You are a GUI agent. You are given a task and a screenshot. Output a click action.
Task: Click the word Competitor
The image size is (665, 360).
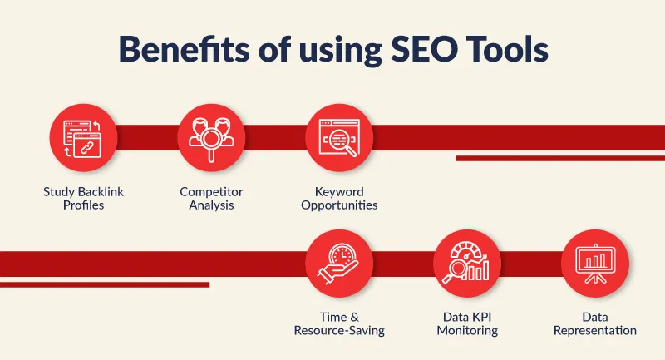[x=211, y=192]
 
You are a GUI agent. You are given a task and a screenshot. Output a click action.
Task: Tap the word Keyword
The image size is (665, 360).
[x=339, y=192]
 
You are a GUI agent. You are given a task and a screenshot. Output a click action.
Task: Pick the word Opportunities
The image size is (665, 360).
[x=339, y=205]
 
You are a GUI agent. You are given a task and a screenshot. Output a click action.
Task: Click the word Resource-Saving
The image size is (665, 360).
[x=339, y=331]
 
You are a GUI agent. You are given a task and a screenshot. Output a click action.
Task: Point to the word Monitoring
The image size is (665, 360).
[x=467, y=331]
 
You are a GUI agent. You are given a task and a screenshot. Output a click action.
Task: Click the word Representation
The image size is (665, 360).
[x=595, y=331]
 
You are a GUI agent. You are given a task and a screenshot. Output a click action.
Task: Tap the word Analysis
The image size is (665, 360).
[x=211, y=205]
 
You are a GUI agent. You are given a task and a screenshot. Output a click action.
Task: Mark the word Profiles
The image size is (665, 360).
[x=84, y=205]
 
